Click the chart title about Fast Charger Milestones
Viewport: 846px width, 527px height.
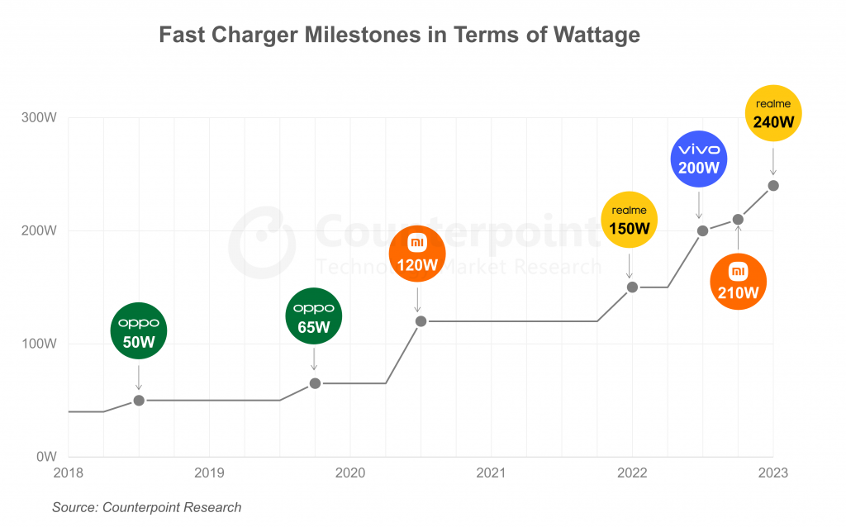[399, 35]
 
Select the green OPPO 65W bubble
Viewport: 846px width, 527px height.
[314, 317]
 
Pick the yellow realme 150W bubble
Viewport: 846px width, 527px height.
[630, 219]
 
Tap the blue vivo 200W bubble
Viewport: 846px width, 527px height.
[699, 158]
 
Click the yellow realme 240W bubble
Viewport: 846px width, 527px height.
[773, 113]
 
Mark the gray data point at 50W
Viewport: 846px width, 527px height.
[139, 400]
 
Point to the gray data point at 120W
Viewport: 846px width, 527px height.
[421, 320]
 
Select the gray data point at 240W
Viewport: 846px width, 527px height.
[773, 185]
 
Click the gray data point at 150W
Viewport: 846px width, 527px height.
[632, 287]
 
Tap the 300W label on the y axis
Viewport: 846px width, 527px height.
[39, 117]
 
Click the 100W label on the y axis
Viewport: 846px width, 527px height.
[39, 344]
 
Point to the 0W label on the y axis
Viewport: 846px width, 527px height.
[45, 457]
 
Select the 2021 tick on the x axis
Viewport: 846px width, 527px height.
[491, 474]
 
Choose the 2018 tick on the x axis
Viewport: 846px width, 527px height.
[68, 474]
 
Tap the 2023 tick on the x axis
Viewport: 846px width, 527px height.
[773, 474]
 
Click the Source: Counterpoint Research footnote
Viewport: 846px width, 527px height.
[146, 507]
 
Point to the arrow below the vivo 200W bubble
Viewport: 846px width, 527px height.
[699, 205]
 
